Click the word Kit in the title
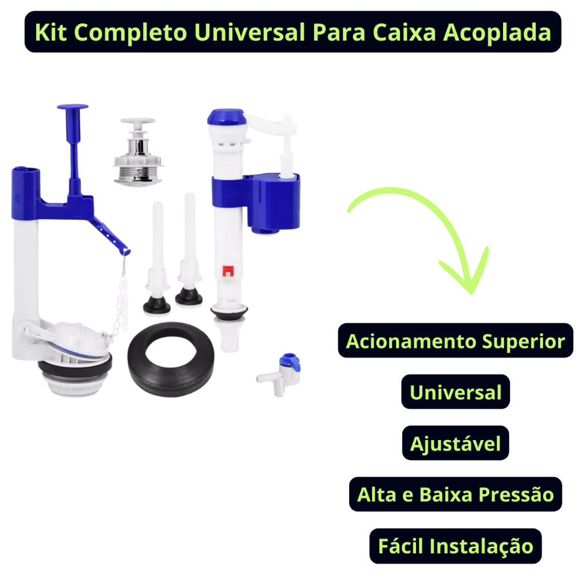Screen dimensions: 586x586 click(x=50, y=32)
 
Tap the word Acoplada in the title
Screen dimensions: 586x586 click(x=497, y=32)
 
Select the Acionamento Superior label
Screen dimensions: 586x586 click(x=455, y=340)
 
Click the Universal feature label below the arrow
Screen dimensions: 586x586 click(x=455, y=391)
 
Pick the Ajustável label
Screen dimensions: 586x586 click(x=455, y=443)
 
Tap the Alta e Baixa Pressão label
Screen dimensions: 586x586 click(x=455, y=494)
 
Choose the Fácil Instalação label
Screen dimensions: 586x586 click(x=455, y=545)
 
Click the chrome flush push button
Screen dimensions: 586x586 click(x=138, y=152)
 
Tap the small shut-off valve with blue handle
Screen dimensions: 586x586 click(x=282, y=374)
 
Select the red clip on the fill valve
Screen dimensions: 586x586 click(x=228, y=271)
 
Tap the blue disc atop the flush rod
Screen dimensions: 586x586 click(x=73, y=107)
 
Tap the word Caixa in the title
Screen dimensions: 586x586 click(x=405, y=32)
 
